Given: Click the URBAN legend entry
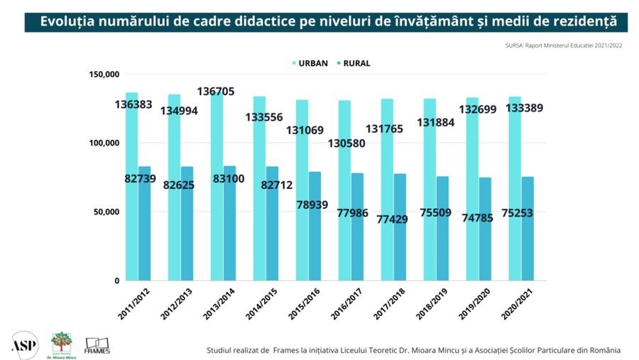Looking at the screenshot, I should pyautogui.click(x=310, y=63).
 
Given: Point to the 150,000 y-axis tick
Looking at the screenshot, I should pyautogui.click(x=104, y=75).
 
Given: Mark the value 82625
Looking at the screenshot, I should pyautogui.click(x=179, y=185).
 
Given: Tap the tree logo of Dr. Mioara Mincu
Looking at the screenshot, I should pyautogui.click(x=61, y=344).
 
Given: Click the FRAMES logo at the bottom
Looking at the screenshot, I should pyautogui.click(x=97, y=345).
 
